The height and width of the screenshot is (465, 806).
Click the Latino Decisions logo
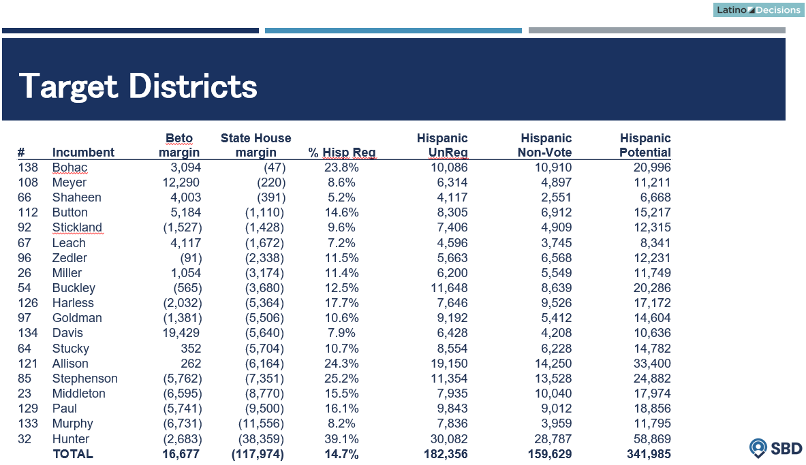758,10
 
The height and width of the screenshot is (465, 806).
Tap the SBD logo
775,448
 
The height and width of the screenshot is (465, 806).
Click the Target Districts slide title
138,86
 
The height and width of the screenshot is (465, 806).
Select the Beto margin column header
179,145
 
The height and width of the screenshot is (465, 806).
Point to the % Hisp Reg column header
342,153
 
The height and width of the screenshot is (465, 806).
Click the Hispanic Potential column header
645,145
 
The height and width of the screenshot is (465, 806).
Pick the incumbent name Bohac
69,167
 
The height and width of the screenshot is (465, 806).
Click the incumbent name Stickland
77,227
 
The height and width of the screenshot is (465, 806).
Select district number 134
28,333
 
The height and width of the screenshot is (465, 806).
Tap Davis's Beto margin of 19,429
181,333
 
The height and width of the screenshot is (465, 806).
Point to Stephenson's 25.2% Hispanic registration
343,379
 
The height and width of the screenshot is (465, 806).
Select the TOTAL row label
72,454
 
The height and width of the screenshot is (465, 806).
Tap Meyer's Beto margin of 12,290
181,182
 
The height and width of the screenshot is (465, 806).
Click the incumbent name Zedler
69,258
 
